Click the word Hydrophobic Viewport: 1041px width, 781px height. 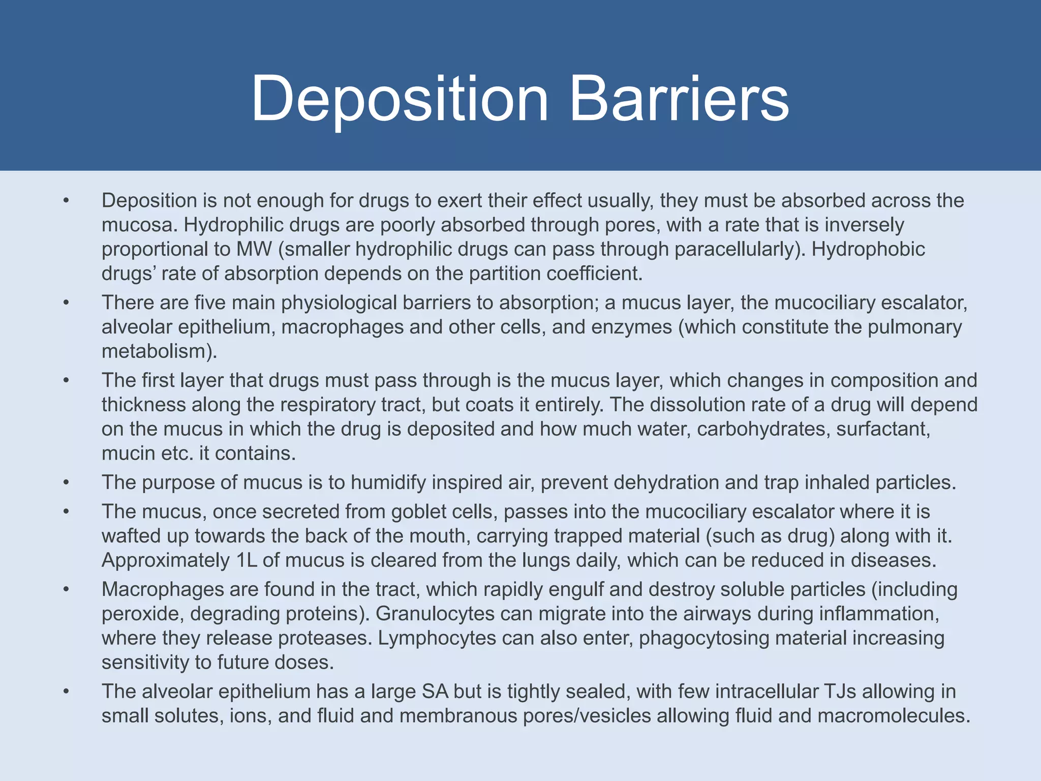(868, 249)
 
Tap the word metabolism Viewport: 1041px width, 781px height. (155, 351)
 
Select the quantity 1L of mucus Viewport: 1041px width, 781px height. (246, 560)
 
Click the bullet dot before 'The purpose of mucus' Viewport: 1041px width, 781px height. (66, 483)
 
